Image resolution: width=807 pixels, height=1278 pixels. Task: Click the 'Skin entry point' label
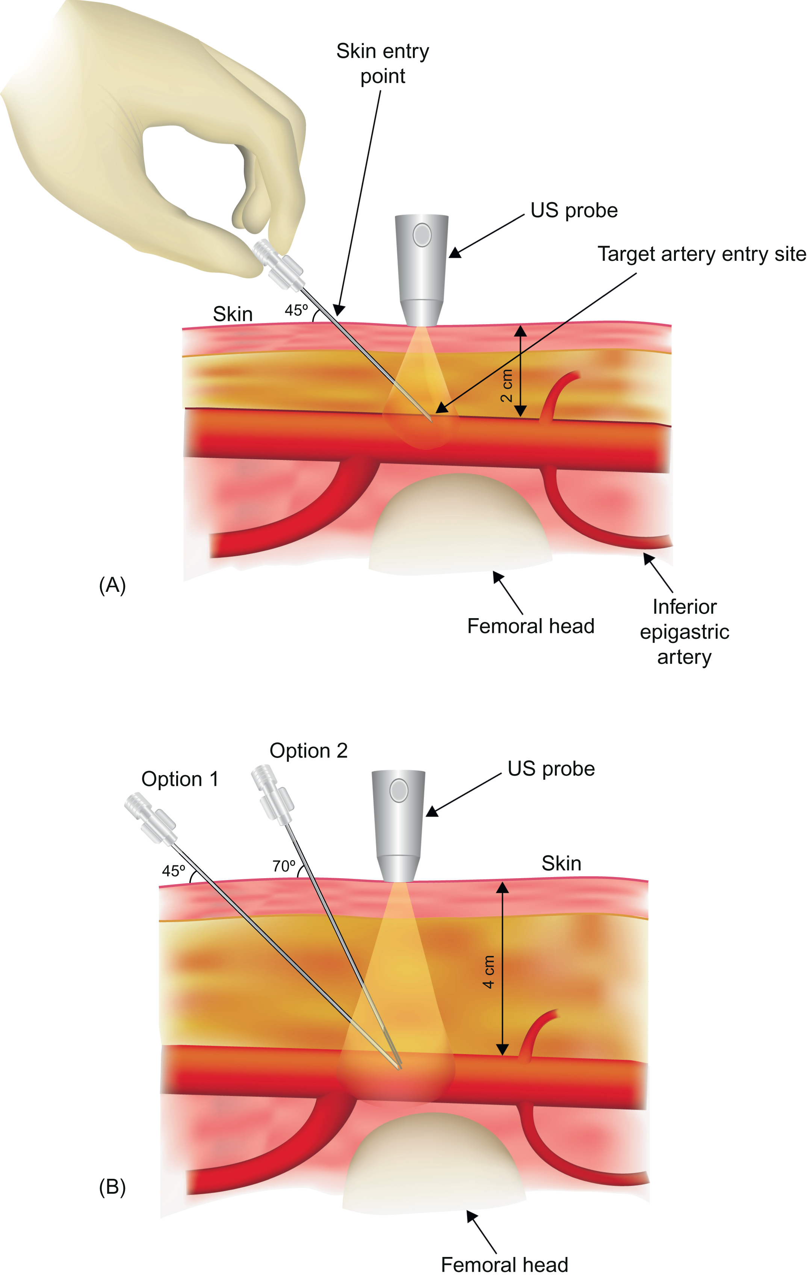[382, 64]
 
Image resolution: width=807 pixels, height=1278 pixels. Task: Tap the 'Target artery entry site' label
[701, 254]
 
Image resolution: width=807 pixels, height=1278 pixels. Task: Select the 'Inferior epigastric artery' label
[685, 632]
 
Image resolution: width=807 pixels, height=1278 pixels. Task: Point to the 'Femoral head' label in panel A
[530, 626]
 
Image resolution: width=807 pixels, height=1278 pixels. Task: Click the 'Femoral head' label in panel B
[504, 1265]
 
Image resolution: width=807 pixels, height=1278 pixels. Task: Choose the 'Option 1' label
[180, 779]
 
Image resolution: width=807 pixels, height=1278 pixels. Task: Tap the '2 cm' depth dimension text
[507, 386]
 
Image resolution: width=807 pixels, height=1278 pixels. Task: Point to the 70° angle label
[284, 866]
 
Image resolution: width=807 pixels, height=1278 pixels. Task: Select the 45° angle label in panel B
[174, 871]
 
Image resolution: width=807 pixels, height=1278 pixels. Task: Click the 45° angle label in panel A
[296, 310]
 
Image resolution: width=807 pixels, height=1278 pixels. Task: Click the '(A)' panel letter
[112, 585]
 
